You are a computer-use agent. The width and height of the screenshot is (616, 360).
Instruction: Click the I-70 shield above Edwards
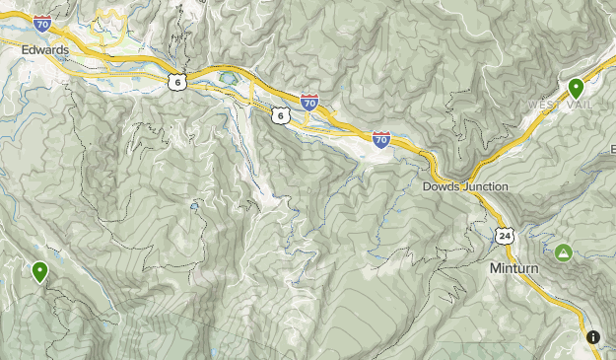tap(41, 23)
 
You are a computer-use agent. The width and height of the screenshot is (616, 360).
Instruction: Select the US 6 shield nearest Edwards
tap(175, 82)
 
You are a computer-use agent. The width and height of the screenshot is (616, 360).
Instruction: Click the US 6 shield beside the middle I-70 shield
tap(282, 116)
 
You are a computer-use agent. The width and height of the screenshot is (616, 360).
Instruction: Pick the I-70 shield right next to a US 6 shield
tap(309, 102)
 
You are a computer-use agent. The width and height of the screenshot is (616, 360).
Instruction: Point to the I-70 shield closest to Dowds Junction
tap(381, 139)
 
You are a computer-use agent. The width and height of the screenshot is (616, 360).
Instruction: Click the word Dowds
tap(442, 186)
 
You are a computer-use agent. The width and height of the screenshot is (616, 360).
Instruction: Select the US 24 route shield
tap(505, 235)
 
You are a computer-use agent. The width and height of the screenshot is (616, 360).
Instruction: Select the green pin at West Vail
tap(577, 89)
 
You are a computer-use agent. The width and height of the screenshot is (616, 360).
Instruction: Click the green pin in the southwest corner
tap(40, 270)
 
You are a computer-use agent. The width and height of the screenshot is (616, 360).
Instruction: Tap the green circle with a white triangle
tap(564, 252)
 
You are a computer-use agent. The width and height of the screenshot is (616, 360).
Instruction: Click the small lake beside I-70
tap(229, 76)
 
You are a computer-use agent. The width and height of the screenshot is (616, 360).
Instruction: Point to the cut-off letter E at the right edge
tap(611, 148)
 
